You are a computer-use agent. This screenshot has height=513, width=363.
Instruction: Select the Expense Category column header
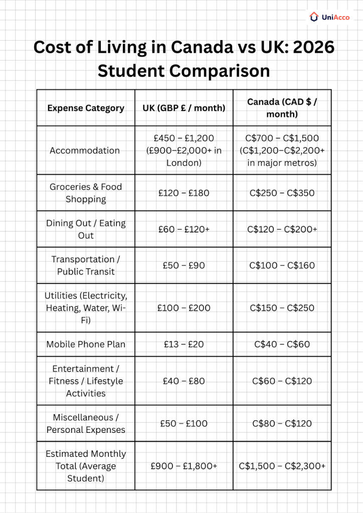point(85,108)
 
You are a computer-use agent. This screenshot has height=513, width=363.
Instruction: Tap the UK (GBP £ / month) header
point(184,108)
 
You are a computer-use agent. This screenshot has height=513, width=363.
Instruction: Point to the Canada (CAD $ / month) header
point(282,108)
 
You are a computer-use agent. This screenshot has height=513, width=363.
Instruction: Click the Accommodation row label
point(85,150)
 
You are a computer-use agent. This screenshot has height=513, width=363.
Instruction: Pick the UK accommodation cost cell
point(184,150)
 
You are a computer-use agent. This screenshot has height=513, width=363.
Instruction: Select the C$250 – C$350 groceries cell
point(282,193)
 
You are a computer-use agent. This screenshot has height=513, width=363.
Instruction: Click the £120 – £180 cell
point(184,193)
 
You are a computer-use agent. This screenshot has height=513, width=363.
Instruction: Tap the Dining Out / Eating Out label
point(86,229)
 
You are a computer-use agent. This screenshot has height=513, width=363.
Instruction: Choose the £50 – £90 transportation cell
point(184,266)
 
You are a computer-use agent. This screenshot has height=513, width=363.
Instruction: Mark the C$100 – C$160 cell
point(282,266)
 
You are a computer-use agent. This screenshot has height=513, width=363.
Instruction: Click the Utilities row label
point(86,308)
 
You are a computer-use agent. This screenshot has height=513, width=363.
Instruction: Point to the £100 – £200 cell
point(184,308)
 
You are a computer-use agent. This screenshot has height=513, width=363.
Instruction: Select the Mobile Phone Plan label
point(86,344)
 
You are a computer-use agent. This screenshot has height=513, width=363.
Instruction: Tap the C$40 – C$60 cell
point(282,344)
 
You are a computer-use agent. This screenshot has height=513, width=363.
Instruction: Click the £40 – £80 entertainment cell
point(184,381)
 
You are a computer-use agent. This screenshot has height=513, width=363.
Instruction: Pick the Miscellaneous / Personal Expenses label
point(86,423)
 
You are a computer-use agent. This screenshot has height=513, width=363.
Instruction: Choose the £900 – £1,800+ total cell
point(184,466)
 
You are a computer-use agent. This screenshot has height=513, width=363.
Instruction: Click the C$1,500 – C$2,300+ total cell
point(282,466)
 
